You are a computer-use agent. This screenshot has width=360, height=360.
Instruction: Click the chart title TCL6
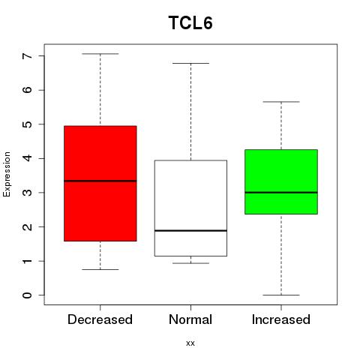pos(190,22)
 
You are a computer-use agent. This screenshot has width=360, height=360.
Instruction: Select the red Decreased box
pos(100,184)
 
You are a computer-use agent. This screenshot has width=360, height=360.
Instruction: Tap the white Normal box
pos(190,208)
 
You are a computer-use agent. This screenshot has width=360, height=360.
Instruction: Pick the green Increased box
pos(281,181)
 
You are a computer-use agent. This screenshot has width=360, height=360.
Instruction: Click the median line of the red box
pos(100,181)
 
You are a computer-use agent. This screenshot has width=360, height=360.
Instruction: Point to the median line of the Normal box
pos(190,230)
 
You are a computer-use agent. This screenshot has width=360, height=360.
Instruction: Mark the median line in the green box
pos(281,193)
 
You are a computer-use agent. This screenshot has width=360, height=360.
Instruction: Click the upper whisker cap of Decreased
pos(100,54)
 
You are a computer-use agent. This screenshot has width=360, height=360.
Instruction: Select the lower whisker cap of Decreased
pos(100,269)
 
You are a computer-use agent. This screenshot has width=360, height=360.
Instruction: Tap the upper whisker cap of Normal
pos(190,64)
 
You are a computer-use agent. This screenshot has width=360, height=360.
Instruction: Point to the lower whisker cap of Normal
pos(190,263)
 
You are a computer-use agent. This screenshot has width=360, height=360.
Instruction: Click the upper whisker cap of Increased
pos(281,102)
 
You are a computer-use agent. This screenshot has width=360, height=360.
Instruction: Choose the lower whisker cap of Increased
pos(281,295)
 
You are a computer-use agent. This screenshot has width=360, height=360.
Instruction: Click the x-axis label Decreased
pos(100,319)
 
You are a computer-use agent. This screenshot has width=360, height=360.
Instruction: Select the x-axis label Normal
pos(190,319)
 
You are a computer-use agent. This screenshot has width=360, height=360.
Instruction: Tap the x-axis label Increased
pos(281,319)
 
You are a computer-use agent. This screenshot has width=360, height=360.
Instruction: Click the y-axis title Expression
pos(7,174)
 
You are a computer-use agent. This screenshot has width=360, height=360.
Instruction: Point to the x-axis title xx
pos(190,343)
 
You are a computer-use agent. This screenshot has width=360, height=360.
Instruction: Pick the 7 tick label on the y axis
pos(28,55)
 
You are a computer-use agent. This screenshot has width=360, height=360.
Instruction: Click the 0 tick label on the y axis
pos(28,295)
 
